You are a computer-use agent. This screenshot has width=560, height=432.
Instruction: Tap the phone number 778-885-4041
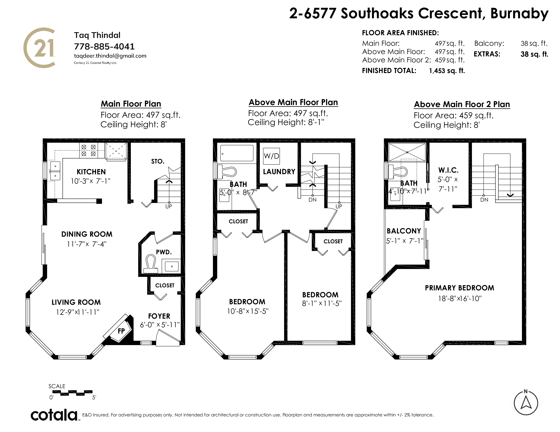coord(104,47)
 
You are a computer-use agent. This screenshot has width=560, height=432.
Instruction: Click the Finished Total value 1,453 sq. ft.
coord(447,71)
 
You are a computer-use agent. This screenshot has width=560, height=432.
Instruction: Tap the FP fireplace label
coord(121,331)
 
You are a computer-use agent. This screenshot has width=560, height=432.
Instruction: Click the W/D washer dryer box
coord(271,156)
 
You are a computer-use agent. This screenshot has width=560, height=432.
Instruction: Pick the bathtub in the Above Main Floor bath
coord(237,153)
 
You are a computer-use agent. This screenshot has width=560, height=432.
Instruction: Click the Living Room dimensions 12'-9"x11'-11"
coord(78,312)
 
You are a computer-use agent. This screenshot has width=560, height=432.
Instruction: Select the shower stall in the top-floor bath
coord(407,152)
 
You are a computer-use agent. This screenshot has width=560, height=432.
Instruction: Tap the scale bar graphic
coord(72,393)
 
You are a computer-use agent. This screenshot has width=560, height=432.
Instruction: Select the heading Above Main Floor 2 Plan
coord(462,104)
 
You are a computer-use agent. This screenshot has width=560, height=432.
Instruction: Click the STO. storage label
coord(158,161)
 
